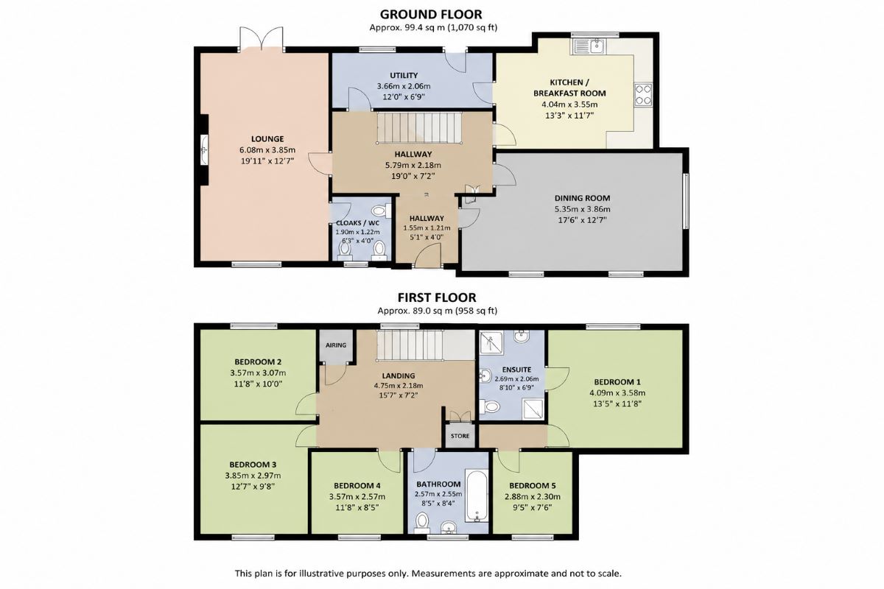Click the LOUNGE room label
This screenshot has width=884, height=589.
[267, 139]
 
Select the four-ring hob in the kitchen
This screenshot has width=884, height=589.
[643, 95]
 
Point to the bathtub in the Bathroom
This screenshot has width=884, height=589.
[477, 496]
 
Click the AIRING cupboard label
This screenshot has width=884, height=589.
[336, 345]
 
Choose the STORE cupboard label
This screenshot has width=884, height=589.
[460, 436]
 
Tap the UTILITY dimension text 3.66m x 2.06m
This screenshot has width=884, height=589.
[404, 86]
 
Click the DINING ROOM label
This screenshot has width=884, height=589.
[582, 198]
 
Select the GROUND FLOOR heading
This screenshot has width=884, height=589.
[431, 14]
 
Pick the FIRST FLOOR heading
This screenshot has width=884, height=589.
[437, 297]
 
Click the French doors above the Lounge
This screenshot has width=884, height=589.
[262, 39]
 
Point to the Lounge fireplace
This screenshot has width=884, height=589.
[204, 149]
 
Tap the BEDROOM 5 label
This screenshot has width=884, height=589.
[533, 486]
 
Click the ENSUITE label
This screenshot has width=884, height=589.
[516, 370]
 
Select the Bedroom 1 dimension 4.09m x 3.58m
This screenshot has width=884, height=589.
[617, 393]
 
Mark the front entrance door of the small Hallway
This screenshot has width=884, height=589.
[427, 256]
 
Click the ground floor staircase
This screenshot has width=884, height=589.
[419, 127]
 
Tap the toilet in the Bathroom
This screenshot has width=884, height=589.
[422, 521]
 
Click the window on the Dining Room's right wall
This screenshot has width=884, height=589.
[686, 201]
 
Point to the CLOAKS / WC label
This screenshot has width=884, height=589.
[357, 223]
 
